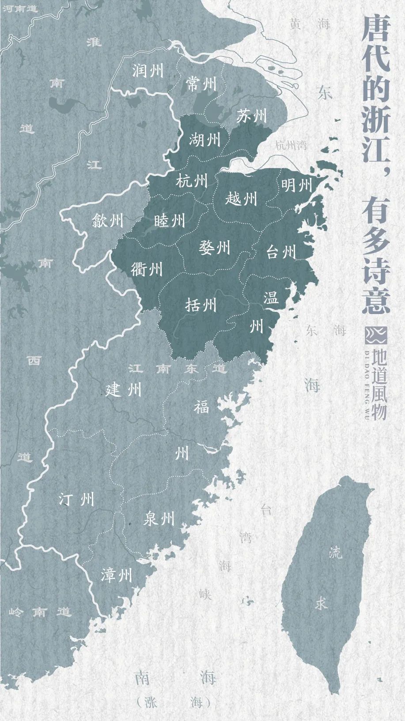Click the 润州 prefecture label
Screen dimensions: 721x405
[x=148, y=70]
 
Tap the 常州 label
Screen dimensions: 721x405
[x=201, y=83]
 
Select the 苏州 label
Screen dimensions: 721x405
[x=251, y=116]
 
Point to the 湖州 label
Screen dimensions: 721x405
[x=204, y=140]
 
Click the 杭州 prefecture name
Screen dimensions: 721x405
[x=192, y=180]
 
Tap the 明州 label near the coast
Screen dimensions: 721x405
[x=296, y=184]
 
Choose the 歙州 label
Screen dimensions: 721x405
[x=107, y=220]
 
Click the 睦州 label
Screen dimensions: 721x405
[x=170, y=220]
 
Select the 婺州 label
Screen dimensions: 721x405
[x=215, y=247]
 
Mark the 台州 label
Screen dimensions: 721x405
[x=281, y=252]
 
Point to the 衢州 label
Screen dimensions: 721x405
[x=147, y=268]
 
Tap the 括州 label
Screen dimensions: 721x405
[x=201, y=304]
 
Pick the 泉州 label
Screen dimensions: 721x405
[x=159, y=518]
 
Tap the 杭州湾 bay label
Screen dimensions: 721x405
[x=291, y=145]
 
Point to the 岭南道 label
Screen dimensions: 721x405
[x=40, y=612]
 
